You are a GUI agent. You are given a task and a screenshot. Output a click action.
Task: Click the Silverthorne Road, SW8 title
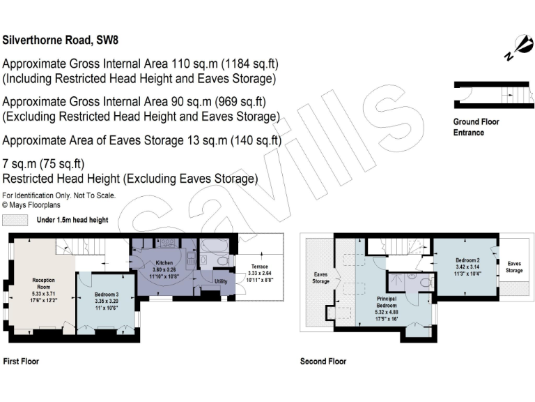(x=61, y=40)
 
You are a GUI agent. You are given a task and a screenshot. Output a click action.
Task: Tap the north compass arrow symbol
(x=520, y=48)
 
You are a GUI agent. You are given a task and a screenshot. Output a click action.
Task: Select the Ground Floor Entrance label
(x=476, y=127)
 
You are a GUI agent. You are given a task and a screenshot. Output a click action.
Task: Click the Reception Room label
(x=43, y=284)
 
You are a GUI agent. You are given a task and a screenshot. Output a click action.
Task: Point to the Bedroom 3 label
(x=107, y=295)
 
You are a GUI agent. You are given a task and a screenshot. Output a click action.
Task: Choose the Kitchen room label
(x=164, y=263)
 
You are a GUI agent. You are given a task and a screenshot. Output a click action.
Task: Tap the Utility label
(x=221, y=281)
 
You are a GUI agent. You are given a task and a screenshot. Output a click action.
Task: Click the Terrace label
(x=259, y=267)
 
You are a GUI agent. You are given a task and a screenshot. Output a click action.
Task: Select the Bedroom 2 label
(x=467, y=260)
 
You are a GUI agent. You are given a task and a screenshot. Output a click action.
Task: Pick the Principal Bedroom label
(x=386, y=302)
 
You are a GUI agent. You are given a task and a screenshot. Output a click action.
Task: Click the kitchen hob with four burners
(x=167, y=243)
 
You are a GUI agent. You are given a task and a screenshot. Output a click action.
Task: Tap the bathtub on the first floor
(x=215, y=246)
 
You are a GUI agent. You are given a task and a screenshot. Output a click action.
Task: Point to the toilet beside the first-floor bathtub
(x=223, y=262)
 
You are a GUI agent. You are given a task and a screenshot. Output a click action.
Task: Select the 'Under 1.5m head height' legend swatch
(x=15, y=220)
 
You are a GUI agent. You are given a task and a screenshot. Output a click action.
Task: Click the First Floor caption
(x=21, y=362)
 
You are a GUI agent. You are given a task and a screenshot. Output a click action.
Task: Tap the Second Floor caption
(x=323, y=362)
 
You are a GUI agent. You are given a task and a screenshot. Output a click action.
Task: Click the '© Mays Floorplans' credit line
(x=31, y=205)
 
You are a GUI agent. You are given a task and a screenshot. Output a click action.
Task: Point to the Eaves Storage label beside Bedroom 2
(x=514, y=267)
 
